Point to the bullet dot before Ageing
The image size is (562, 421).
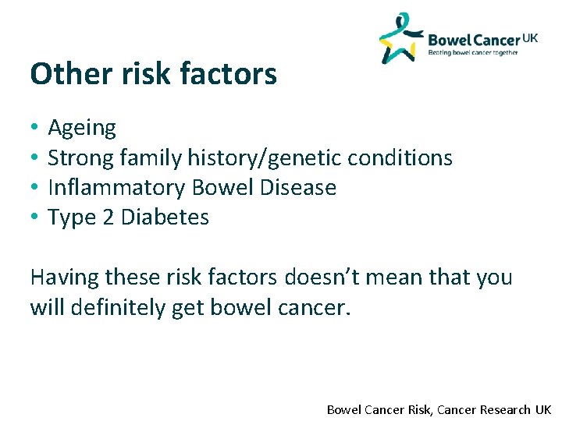[x=35, y=128]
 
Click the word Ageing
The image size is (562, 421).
[x=82, y=128]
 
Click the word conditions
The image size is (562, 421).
[x=400, y=158]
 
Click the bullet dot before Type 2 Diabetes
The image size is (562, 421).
[x=35, y=218]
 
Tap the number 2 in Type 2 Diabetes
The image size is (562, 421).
[x=109, y=218]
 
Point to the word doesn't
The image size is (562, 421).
[x=340, y=278]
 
